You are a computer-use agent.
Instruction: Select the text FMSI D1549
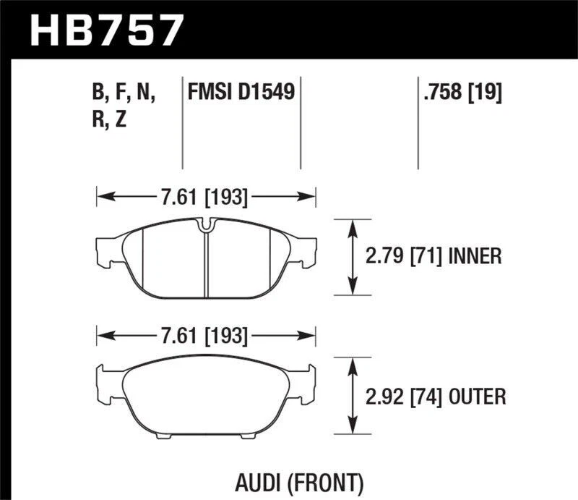[241, 92]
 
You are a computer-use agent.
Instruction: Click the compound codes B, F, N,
[124, 93]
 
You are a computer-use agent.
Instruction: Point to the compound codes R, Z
[111, 120]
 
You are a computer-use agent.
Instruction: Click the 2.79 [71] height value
[406, 256]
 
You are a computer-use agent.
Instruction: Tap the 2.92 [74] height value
[406, 396]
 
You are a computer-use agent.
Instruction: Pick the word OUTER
[477, 396]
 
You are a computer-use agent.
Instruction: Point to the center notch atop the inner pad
[206, 226]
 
